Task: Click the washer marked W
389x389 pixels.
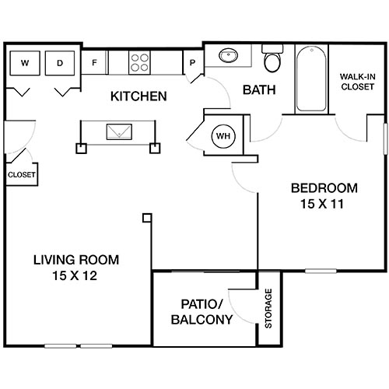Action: point(25,62)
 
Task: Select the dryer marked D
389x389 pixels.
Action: point(60,62)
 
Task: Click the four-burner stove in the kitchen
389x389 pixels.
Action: point(138,62)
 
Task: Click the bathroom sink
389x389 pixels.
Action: point(229,56)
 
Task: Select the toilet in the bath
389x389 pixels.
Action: point(272,60)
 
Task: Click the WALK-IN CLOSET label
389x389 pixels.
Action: point(357,82)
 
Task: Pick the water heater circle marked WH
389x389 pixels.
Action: point(224,136)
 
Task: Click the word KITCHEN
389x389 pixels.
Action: point(138,97)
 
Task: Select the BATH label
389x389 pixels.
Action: point(259,89)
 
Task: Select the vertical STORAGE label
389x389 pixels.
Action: point(269,309)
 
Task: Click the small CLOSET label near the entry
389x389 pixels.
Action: point(21,175)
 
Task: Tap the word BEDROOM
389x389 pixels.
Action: point(324,187)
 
